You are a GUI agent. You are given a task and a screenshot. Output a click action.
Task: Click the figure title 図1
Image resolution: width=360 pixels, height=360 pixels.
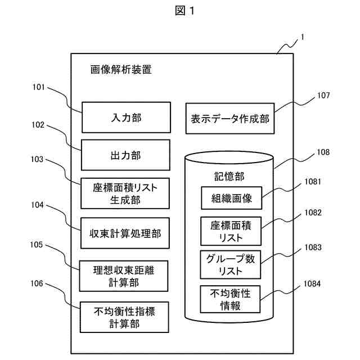[184, 11]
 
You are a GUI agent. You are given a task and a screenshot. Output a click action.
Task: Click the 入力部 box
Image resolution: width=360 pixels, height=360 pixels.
[126, 118]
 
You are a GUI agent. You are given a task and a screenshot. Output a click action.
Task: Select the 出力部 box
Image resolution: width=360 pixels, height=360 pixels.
[125, 155]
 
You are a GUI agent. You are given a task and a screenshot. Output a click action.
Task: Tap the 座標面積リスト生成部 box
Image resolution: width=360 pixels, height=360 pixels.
[125, 193]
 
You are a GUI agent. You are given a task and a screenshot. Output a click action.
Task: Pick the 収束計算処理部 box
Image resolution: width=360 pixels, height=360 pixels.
[125, 233]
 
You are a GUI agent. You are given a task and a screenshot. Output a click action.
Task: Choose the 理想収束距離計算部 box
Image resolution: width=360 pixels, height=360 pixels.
[124, 276]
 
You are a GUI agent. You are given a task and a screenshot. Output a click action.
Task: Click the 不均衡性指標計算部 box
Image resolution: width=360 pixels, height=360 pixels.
[124, 317]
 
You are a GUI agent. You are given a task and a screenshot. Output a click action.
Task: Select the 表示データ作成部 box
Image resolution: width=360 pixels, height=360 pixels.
[230, 119]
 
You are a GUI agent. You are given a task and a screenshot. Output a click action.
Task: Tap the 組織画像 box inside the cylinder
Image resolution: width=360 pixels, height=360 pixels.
[231, 198]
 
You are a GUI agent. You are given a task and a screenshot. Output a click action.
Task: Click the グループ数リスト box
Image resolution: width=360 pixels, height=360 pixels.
[231, 265]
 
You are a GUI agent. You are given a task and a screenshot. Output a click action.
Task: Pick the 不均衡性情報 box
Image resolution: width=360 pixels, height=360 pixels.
[230, 299]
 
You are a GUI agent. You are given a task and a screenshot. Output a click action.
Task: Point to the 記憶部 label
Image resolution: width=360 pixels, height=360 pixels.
[229, 176]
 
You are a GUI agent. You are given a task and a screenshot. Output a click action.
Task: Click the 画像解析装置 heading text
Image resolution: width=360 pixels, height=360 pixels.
[121, 70]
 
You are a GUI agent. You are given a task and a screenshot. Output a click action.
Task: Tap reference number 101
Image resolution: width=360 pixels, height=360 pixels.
[39, 87]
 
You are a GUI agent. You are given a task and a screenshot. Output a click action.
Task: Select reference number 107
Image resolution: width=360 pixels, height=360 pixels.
[323, 95]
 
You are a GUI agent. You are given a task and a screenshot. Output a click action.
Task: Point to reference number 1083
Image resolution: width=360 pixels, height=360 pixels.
[313, 247]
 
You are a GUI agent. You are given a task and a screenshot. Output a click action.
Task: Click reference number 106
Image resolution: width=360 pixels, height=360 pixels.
[37, 283]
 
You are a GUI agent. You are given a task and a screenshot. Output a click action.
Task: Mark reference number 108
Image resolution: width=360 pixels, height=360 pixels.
[323, 152]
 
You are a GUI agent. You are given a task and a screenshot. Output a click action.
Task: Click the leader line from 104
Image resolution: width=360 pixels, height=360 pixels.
[65, 217]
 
